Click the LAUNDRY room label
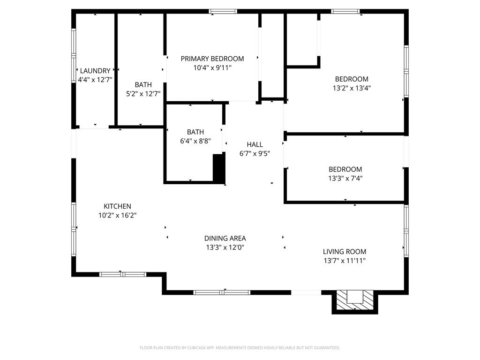[x=95, y=71]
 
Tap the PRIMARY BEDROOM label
[x=212, y=59]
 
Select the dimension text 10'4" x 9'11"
[x=212, y=67]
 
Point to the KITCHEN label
[x=117, y=206]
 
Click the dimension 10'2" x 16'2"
[x=117, y=215]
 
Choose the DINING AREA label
[x=225, y=238]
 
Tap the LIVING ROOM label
[x=345, y=252]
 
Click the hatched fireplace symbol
[x=355, y=300]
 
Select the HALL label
[x=255, y=144]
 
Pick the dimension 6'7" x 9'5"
[x=255, y=153]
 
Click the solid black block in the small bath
[x=219, y=169]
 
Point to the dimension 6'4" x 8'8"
[x=195, y=141]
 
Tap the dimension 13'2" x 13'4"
[x=352, y=88]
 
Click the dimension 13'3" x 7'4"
[x=345, y=178]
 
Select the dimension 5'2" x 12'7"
[x=143, y=94]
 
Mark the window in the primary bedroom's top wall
[x=223, y=12]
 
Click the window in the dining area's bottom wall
[x=222, y=292]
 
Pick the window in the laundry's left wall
[x=74, y=56]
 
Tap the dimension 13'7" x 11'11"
[x=345, y=261]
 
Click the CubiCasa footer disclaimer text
[x=240, y=348]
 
